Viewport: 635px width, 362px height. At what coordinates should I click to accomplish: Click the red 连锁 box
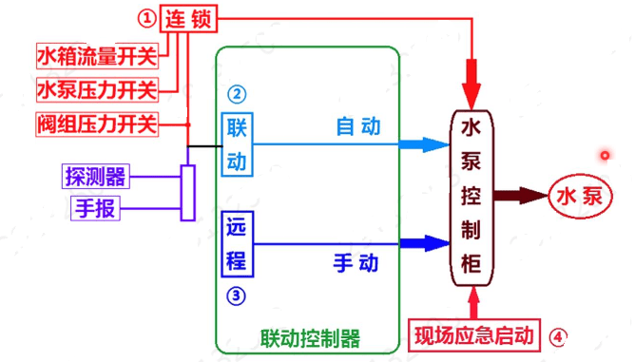[188, 18]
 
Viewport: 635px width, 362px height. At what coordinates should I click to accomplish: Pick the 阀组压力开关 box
[95, 124]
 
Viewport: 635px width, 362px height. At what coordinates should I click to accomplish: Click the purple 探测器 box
[95, 176]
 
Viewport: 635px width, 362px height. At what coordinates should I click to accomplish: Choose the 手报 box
[95, 208]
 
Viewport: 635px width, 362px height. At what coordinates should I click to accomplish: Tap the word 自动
[358, 125]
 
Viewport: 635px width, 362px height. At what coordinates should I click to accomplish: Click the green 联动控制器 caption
[309, 339]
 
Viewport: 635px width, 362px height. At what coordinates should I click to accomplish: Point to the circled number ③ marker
[236, 295]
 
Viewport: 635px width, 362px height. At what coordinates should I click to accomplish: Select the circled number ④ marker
[561, 335]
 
